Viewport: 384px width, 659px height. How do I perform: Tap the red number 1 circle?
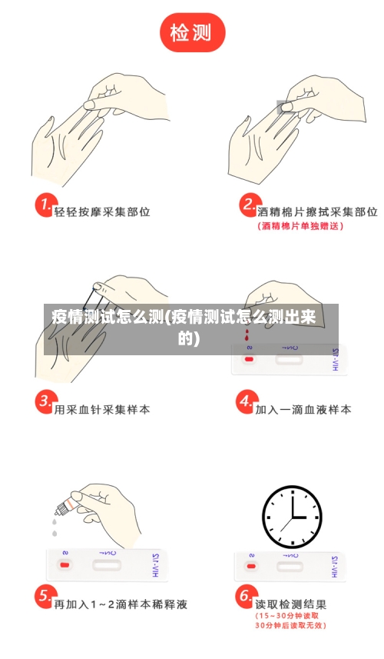[x=45, y=206]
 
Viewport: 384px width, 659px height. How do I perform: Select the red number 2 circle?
[x=248, y=206]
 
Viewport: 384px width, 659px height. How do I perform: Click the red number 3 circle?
[x=45, y=402]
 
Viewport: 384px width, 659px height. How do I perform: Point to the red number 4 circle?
[x=245, y=402]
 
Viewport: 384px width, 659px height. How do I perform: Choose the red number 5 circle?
[x=45, y=597]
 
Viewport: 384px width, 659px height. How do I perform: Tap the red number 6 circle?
[x=245, y=597]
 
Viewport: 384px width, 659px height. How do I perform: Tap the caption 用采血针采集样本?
[x=102, y=409]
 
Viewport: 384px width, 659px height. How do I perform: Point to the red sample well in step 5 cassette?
[x=65, y=565]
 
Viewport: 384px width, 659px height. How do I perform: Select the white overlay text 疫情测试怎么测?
[x=108, y=317]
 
